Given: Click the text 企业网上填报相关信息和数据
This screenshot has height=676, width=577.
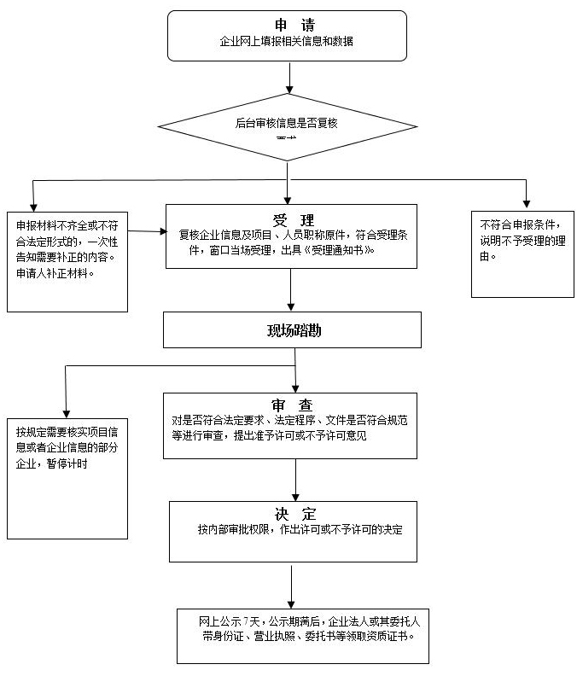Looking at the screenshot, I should click(287, 41).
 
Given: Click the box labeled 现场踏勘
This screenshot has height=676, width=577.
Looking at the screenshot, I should click(292, 329).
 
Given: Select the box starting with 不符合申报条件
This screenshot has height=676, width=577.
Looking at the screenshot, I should click(522, 253).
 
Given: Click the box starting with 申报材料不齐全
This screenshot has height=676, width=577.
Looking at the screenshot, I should click(67, 261).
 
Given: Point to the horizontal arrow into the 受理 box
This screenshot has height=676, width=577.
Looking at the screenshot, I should click(147, 231).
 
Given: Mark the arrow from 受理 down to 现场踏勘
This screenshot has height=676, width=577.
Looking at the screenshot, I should click(291, 289).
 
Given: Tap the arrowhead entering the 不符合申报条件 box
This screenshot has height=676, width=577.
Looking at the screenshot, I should click(527, 203).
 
